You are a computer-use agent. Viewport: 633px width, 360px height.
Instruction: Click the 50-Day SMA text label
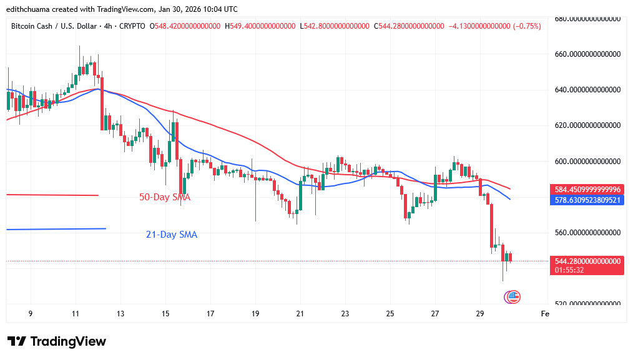(164, 197)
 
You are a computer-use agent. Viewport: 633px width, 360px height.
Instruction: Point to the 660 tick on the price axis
(589, 54)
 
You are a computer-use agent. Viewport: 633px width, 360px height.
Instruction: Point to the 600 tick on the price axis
(589, 162)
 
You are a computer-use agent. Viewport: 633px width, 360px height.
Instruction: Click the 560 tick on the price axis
(589, 233)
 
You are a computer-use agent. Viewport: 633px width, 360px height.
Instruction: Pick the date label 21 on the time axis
(300, 314)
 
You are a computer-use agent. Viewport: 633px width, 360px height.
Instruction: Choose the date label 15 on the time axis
(165, 314)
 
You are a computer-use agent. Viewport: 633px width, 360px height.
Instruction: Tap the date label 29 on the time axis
(480, 314)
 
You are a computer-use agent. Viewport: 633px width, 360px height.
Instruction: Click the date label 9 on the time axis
(31, 314)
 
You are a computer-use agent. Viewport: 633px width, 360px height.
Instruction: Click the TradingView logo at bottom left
(57, 341)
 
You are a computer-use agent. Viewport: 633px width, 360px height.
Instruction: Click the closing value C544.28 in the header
(409, 26)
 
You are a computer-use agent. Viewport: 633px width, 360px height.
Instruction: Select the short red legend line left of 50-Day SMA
(52, 195)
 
